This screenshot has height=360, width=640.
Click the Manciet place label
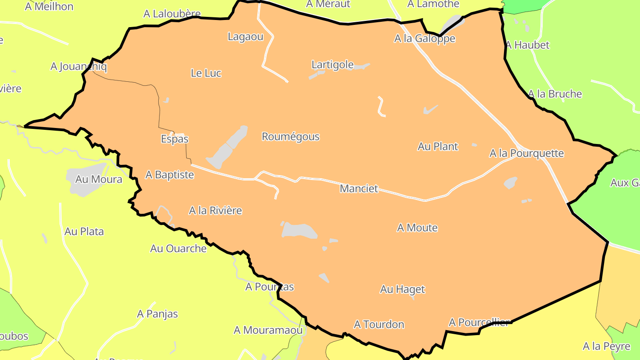pos(359,188)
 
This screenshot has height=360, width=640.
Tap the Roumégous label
pos(291,136)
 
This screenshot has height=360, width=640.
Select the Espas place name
pos(175,139)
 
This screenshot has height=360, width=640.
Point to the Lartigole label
pos(332,65)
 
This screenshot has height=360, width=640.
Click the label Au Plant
pos(438,146)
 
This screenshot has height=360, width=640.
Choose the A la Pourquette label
pos(527,153)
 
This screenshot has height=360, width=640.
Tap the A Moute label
pos(417,228)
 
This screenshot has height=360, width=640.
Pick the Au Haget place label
pos(403,289)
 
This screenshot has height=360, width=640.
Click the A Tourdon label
pos(379,324)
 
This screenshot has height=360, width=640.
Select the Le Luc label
pos(206,73)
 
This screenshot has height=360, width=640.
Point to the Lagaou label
pos(246,36)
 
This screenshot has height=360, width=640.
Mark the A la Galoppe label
pos(425,39)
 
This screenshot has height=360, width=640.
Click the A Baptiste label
pos(170,175)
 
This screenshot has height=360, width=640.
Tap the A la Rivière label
pos(216,210)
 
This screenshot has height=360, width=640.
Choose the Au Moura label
pos(99,179)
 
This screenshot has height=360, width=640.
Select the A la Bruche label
pos(555,94)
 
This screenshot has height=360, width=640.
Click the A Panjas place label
pos(157,314)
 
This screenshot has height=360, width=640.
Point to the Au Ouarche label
pos(178,248)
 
